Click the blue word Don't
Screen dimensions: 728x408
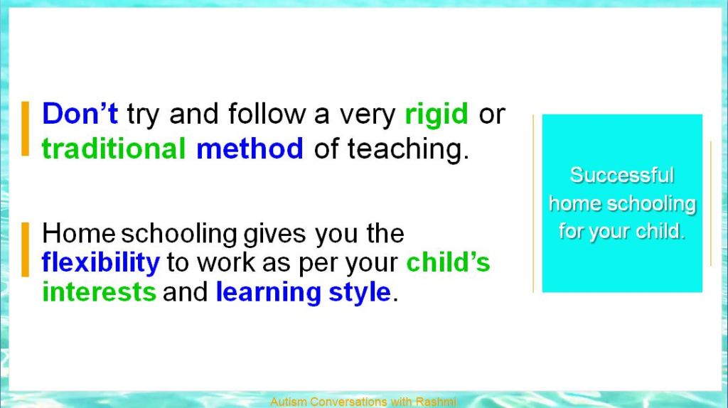click(x=80, y=113)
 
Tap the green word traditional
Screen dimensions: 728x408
click(x=114, y=149)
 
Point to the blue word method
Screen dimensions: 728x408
click(x=250, y=149)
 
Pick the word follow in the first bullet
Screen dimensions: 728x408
click(x=267, y=113)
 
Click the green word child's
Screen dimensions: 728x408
click(x=448, y=262)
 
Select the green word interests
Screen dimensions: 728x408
click(x=99, y=292)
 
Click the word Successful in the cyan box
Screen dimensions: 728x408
click(x=621, y=175)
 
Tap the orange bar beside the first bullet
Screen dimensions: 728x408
click(x=25, y=129)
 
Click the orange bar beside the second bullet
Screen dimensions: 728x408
click(x=25, y=249)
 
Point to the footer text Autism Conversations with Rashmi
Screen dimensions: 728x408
click(x=363, y=402)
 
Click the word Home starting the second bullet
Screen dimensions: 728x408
click(x=78, y=233)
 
